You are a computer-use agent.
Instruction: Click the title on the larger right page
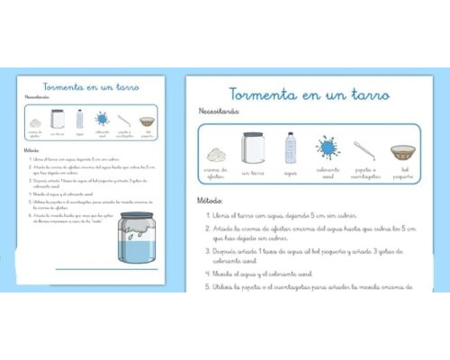pyautogui.click(x=308, y=94)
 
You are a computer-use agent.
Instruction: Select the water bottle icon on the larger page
pyautogui.click(x=291, y=147)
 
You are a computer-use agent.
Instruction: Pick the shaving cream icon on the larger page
pyautogui.click(x=216, y=152)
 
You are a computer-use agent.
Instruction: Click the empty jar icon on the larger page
pyautogui.click(x=253, y=148)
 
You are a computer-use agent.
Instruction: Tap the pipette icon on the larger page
pyautogui.click(x=364, y=149)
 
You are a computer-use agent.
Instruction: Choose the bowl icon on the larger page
pyautogui.click(x=402, y=150)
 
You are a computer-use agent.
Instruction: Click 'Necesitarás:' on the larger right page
pyautogui.click(x=219, y=112)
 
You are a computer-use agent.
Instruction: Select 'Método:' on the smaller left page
pyautogui.click(x=32, y=150)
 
